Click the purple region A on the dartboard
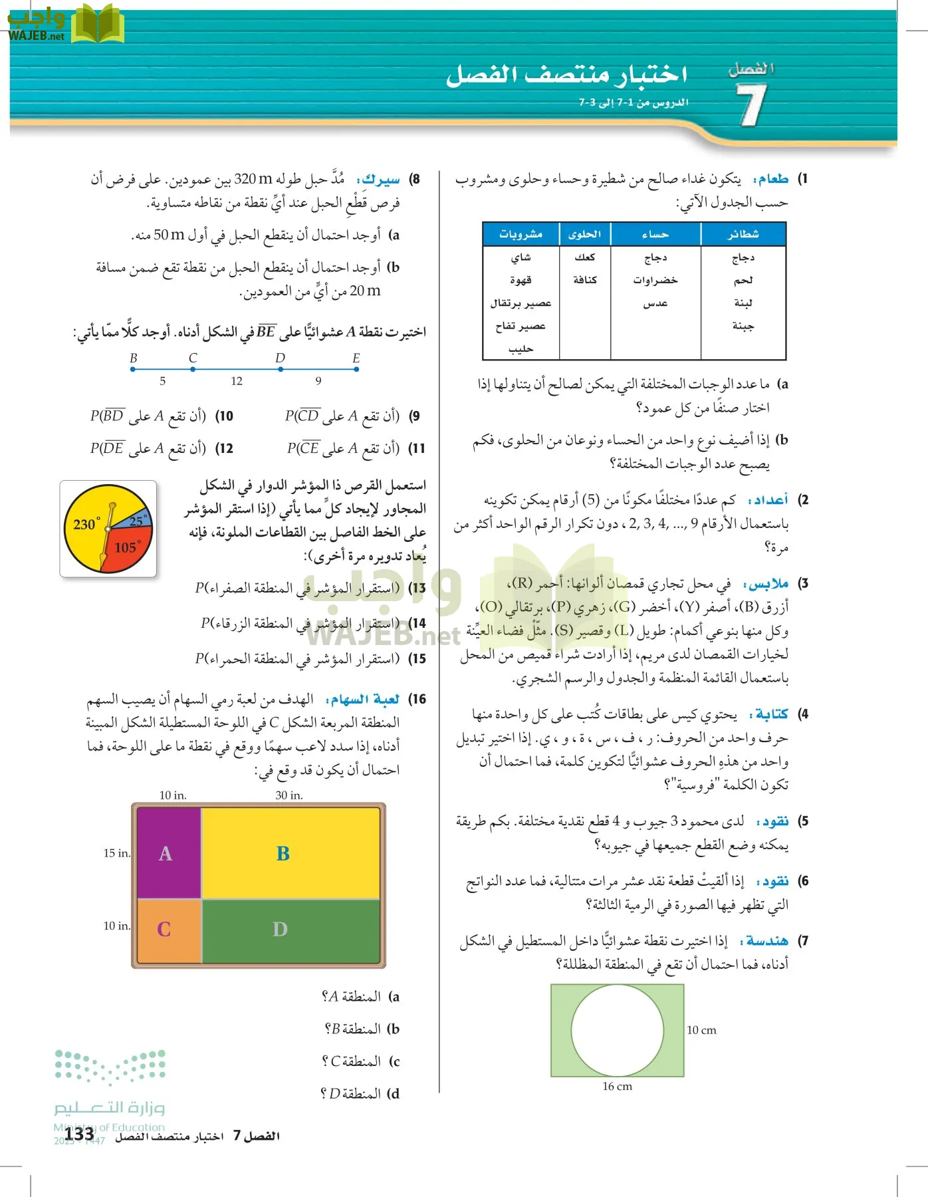(x=166, y=853)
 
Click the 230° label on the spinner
(x=86, y=524)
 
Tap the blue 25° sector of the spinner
(x=137, y=521)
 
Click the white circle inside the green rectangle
(x=618, y=1029)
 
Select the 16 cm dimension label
(x=617, y=1087)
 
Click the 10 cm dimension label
(x=701, y=1030)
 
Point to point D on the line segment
(x=280, y=368)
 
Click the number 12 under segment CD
(x=237, y=381)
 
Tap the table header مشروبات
(x=521, y=234)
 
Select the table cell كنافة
(x=585, y=280)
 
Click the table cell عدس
(x=655, y=303)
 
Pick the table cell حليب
(x=521, y=349)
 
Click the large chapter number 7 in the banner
(x=751, y=105)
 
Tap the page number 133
(x=79, y=1134)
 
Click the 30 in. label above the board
(x=289, y=795)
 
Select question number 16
(x=417, y=699)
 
